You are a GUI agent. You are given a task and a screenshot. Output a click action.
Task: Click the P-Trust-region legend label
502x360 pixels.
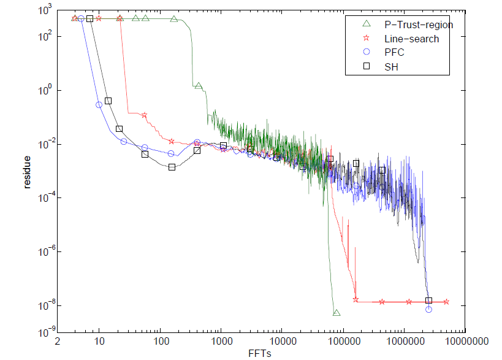tap(418, 25)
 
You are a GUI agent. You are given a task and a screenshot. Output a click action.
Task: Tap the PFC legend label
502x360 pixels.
tap(394, 53)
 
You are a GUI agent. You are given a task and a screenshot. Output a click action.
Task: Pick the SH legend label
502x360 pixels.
tap(392, 67)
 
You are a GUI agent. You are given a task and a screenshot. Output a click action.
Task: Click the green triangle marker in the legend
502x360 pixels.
tap(367, 25)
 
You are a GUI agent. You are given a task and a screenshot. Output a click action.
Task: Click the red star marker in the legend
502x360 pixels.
tap(367, 39)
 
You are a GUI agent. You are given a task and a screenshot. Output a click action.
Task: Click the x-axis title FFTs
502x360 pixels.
tap(261, 353)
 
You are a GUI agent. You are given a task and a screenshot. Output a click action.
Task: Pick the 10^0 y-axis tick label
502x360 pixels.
tap(44, 91)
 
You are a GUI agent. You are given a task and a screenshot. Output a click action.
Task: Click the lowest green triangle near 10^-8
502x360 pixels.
tap(337, 313)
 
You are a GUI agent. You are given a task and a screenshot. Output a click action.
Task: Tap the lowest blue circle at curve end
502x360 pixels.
tap(428, 310)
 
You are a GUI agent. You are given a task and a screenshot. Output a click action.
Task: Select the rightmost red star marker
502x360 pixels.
tap(446, 302)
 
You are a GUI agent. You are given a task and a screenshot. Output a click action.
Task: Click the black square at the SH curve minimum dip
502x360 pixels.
tap(172, 167)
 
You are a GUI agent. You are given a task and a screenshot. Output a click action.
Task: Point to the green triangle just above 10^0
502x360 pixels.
tap(199, 86)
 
